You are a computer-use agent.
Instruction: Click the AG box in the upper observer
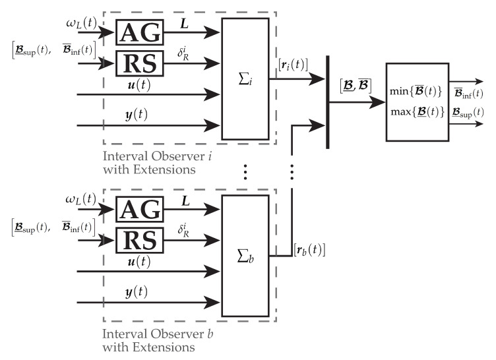139,30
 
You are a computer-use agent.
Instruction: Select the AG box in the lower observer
139,210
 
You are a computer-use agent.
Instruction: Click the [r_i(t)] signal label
294,64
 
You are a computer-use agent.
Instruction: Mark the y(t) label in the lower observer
136,291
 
